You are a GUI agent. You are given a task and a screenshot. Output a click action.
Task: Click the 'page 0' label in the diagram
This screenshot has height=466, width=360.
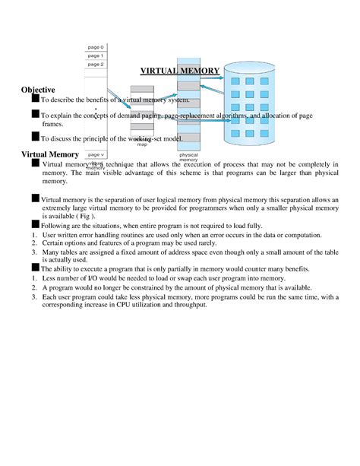coord(96,47)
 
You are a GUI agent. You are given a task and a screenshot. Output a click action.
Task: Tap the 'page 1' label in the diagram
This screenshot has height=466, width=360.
coord(96,55)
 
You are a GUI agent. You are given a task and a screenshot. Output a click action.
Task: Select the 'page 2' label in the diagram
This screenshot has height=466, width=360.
coord(96,65)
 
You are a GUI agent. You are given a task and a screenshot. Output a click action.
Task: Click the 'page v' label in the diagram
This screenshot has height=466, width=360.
coord(96,154)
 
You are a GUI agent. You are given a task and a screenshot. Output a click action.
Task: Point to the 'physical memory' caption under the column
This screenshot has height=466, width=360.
coord(188,158)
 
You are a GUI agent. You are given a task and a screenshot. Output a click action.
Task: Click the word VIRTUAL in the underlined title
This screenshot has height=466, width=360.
coord(158,71)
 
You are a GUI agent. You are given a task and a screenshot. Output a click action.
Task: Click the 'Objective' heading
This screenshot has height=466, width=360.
coord(38,90)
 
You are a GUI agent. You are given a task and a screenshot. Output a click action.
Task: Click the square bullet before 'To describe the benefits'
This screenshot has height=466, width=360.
coord(35,98)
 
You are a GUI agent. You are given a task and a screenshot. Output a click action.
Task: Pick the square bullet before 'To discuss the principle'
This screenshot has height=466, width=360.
coord(35,137)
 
